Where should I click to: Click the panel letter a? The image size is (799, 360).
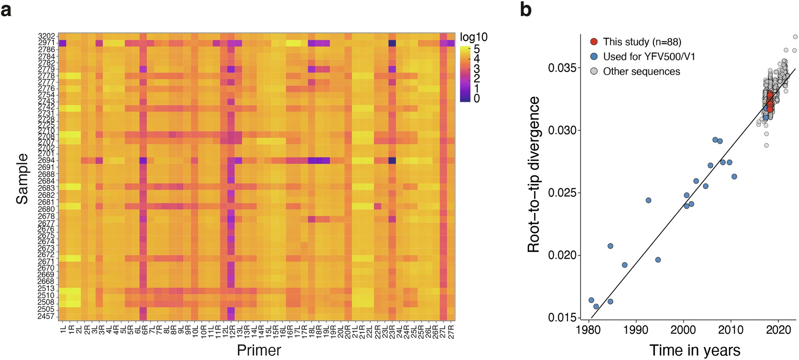[6, 10]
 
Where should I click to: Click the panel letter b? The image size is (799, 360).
[526, 9]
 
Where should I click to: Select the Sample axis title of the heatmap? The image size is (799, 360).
[22, 179]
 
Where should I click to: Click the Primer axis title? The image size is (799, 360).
[259, 350]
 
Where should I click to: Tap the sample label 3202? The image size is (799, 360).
[46, 36]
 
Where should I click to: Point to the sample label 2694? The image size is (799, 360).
[46, 160]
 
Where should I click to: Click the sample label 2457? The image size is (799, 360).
[46, 316]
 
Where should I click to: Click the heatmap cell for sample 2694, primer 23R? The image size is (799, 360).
[392, 160]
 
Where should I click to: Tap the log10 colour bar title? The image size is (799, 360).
[473, 37]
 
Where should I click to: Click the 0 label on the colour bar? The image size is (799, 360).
[477, 98]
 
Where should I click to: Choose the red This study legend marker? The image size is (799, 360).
[594, 42]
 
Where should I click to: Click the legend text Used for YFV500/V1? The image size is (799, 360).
[649, 57]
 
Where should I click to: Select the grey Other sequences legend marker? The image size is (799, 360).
[594, 71]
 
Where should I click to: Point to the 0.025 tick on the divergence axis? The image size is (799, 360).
[562, 193]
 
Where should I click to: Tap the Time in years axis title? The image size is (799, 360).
[694, 350]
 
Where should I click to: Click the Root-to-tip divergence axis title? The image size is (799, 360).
[534, 174]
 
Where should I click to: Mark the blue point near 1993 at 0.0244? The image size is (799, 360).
[648, 200]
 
